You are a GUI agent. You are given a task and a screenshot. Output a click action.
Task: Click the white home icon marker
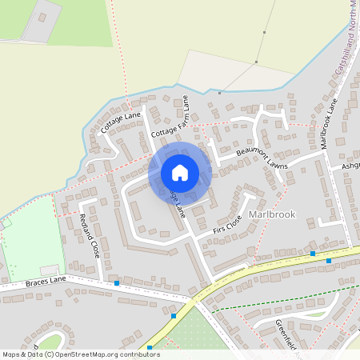click(x=180, y=172)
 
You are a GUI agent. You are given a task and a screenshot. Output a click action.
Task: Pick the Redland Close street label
click(x=89, y=236)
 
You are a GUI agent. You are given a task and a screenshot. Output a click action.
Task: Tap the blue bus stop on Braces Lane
click(x=117, y=283)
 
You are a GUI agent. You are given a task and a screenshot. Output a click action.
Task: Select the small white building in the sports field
click(x=50, y=270)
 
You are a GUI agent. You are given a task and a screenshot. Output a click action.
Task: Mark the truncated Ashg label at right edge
click(x=350, y=166)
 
